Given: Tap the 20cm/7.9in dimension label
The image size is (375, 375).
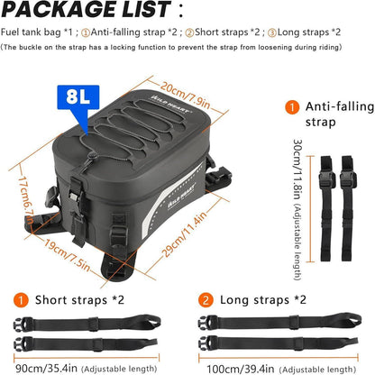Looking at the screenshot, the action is tap(185, 96).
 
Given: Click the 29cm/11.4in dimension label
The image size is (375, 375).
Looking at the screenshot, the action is tap(185, 234).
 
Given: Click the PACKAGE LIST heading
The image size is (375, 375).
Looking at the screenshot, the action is tap(87, 10).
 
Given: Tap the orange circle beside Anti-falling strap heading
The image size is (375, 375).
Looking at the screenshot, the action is tap(292, 107).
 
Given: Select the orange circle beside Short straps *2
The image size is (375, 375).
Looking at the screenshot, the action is tap(21, 300).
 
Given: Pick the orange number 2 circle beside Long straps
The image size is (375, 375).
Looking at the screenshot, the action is tap(206, 300).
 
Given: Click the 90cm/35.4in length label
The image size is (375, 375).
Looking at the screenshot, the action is tap(46, 368).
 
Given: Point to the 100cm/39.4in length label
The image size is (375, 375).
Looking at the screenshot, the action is tap(241, 369).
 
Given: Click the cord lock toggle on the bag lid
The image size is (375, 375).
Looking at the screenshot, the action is tap(92, 156).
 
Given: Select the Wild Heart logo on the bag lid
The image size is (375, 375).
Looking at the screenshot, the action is tap(170, 104).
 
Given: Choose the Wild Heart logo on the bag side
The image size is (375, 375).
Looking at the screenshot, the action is tap(181, 196).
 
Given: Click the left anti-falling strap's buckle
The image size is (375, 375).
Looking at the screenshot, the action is tap(327, 179).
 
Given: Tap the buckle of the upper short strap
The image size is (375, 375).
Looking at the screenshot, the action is tap(22, 325).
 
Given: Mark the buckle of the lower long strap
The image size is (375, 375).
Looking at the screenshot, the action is tap(206, 343).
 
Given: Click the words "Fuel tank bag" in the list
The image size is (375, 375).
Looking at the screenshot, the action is tap(31, 32).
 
